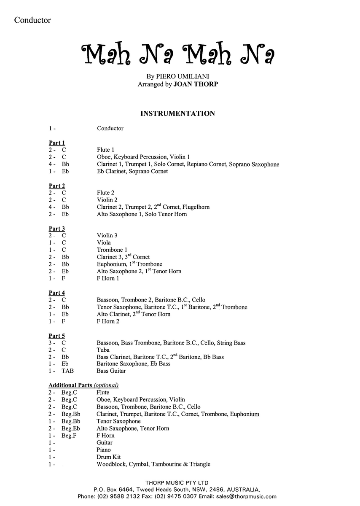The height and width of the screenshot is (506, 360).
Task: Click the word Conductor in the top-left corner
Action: (32, 20)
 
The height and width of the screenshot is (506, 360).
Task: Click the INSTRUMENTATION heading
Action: (177, 113)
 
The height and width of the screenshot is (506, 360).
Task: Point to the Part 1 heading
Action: (57, 143)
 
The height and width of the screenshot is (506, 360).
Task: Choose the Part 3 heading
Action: (57, 229)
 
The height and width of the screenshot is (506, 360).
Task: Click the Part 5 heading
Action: (57, 336)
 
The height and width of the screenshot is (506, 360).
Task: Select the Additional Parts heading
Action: (83, 385)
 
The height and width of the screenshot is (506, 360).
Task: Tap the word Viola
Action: (104, 242)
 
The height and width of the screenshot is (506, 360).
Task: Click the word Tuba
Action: (103, 350)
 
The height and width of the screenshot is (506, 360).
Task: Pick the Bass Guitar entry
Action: (111, 371)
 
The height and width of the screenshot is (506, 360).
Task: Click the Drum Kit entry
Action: (109, 457)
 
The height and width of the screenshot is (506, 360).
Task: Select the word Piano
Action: (104, 450)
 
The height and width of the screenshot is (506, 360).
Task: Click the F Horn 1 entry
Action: (108, 278)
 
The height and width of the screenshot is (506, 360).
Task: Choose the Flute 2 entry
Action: (106, 193)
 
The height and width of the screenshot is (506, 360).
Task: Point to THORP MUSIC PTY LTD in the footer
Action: (180, 482)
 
